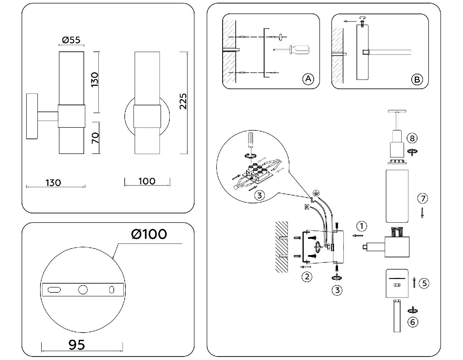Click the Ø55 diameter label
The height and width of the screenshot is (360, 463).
click(x=71, y=39)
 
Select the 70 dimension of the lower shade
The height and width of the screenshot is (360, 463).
click(x=95, y=137)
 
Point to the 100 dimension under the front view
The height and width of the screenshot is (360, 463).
click(x=147, y=181)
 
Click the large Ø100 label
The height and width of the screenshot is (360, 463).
click(x=149, y=234)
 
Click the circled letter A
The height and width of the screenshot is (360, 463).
click(x=308, y=79)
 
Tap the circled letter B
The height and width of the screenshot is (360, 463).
click(x=417, y=80)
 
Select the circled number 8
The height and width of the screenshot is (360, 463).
click(x=412, y=138)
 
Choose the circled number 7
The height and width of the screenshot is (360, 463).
click(x=422, y=199)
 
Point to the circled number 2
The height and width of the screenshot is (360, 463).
click(x=307, y=277)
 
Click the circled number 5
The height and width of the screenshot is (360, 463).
click(x=424, y=283)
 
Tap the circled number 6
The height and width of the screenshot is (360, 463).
click(x=413, y=322)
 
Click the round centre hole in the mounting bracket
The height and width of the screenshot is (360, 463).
click(x=83, y=290)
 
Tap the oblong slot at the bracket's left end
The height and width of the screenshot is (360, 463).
click(x=54, y=290)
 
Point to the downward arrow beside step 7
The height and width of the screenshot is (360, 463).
click(x=422, y=213)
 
